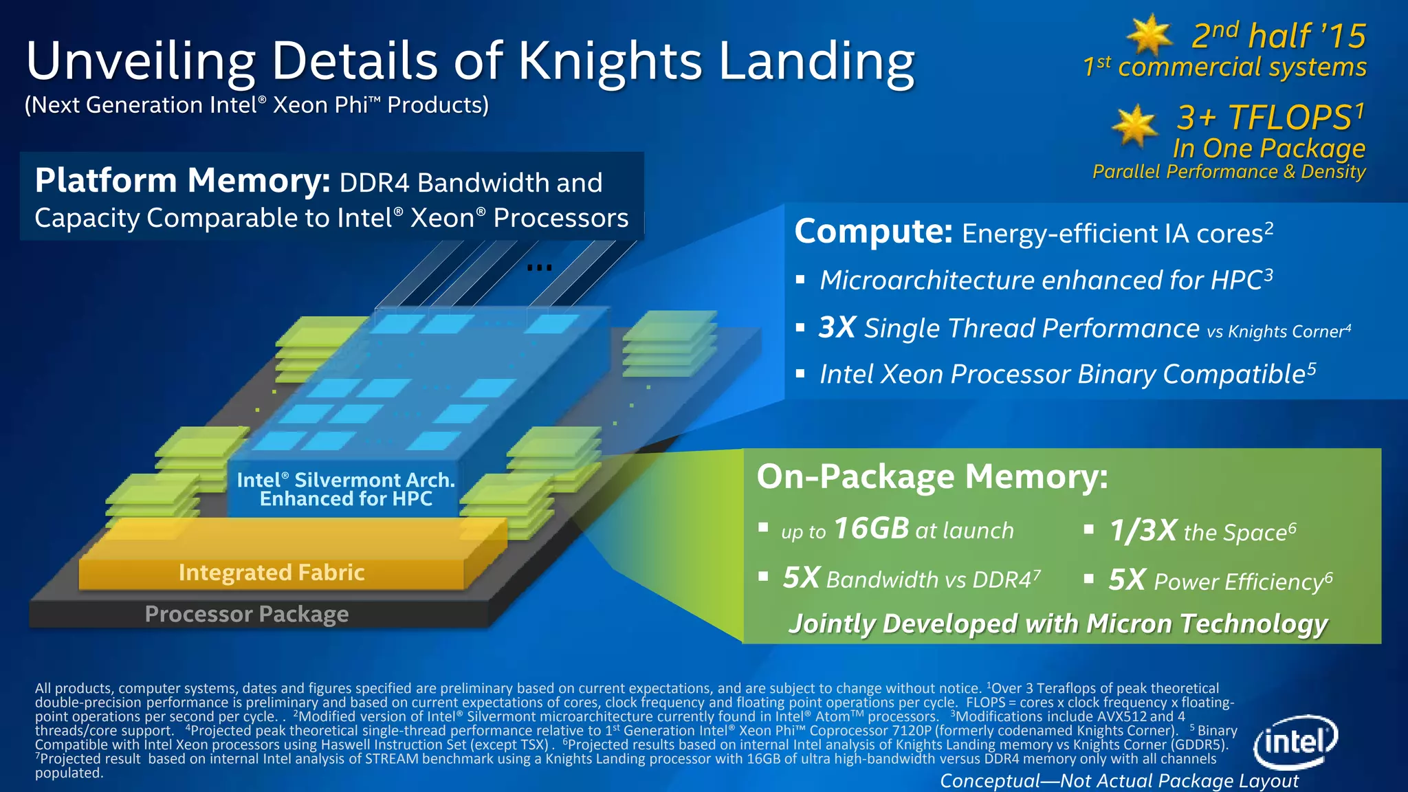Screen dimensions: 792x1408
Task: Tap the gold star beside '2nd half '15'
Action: (1149, 35)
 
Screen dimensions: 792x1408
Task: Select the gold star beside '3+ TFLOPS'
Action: (1135, 125)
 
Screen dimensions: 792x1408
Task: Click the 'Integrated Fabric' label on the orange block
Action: (272, 572)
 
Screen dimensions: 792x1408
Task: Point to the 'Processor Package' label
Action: (247, 613)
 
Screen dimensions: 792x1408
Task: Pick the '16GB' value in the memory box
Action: (871, 529)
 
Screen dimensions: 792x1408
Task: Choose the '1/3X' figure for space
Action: (1143, 530)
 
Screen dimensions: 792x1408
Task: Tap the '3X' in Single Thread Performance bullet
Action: (837, 328)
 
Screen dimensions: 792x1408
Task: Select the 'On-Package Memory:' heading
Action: (932, 476)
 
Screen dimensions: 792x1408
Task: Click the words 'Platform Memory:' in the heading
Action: (183, 181)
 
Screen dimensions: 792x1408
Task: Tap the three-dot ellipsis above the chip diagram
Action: (539, 267)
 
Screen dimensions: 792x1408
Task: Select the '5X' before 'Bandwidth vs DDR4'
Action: (801, 578)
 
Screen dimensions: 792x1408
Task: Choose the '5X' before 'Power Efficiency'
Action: (1127, 580)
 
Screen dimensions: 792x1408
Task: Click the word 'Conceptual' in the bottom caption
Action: (990, 781)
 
